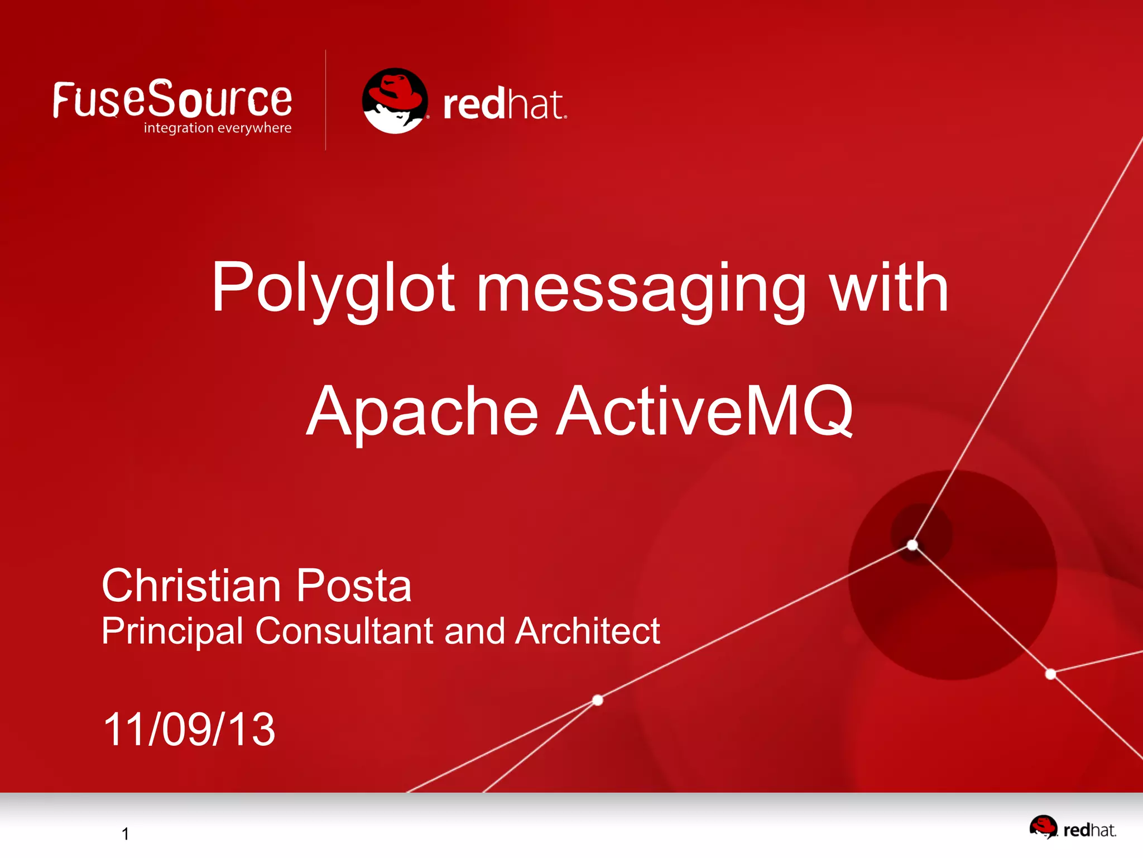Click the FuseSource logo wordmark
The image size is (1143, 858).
[172, 99]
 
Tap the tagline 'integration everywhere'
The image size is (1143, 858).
[218, 128]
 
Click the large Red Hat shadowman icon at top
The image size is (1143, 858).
[395, 101]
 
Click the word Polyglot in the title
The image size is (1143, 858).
[333, 288]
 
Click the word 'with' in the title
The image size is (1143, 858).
[889, 288]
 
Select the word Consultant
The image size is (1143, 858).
[344, 631]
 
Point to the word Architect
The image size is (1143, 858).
[588, 631]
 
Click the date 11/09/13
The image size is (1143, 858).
[189, 729]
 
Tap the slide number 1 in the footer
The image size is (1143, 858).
[126, 833]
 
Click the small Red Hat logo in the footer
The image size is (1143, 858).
[1072, 828]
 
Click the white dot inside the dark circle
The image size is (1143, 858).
[913, 545]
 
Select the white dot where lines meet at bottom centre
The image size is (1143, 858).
[598, 700]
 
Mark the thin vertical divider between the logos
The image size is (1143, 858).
[326, 100]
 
